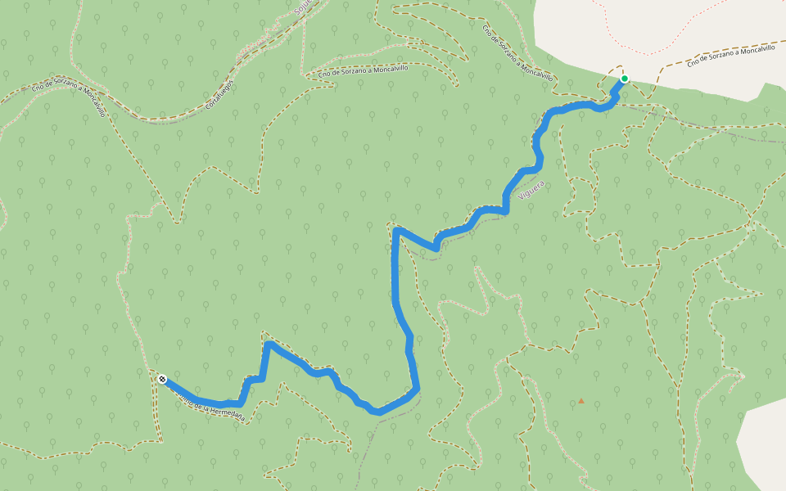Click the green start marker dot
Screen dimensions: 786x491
tap(624, 79)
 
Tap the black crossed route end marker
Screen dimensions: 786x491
tap(163, 379)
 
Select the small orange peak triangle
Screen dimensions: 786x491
tap(581, 401)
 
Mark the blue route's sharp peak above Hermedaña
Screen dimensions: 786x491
tap(268, 345)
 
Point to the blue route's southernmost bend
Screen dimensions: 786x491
tap(377, 412)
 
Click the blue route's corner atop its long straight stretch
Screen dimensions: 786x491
tap(396, 231)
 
